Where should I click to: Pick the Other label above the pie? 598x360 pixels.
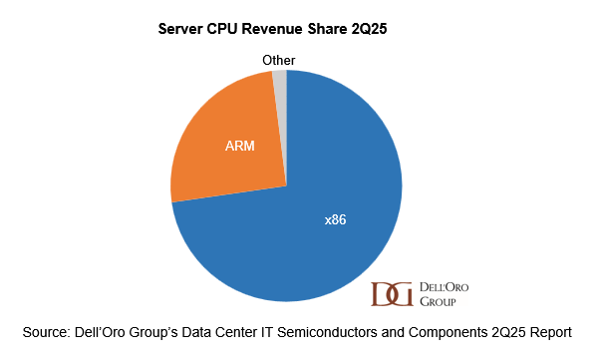pos(278,61)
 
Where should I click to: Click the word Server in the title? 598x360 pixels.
pos(183,30)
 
